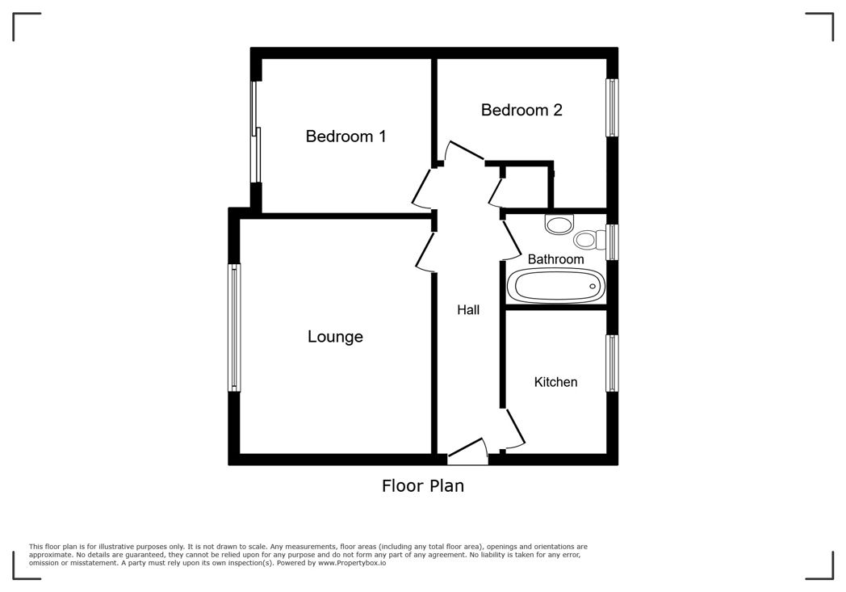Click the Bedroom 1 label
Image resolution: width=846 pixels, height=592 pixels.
pyautogui.click(x=346, y=136)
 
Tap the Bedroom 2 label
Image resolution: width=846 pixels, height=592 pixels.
pyautogui.click(x=521, y=110)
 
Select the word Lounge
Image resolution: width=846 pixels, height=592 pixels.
pyautogui.click(x=335, y=337)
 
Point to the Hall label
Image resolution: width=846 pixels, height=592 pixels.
pyautogui.click(x=467, y=310)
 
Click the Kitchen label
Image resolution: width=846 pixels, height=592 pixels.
pyautogui.click(x=555, y=382)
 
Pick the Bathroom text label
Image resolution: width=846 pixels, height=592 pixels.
pyautogui.click(x=555, y=259)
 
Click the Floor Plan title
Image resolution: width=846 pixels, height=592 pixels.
pyautogui.click(x=422, y=485)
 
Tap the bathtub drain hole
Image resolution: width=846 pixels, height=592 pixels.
pyautogui.click(x=593, y=286)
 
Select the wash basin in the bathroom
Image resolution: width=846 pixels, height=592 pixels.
pyautogui.click(x=559, y=224)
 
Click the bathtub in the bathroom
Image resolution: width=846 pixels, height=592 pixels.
pyautogui.click(x=555, y=285)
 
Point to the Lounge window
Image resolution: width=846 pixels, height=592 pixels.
pyautogui.click(x=233, y=328)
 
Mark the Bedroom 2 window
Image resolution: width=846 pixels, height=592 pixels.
pyautogui.click(x=612, y=108)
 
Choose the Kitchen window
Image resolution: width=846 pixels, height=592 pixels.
pyautogui.click(x=612, y=363)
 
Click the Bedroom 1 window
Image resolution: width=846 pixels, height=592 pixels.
pyautogui.click(x=256, y=132)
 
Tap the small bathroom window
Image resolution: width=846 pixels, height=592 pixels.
pyautogui.click(x=612, y=241)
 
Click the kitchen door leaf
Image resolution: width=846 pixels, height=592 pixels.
pyautogui.click(x=515, y=426)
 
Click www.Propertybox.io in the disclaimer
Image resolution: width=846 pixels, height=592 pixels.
pyautogui.click(x=352, y=563)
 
